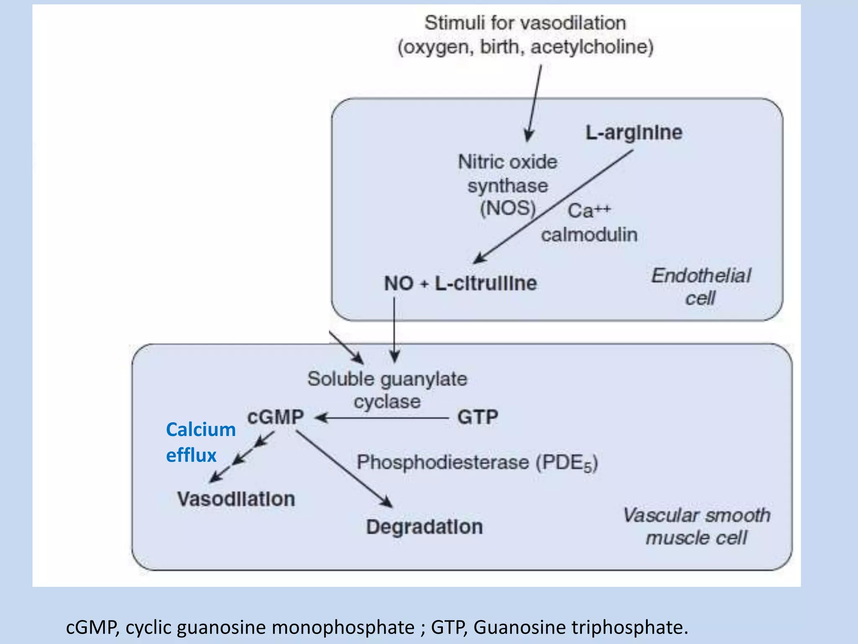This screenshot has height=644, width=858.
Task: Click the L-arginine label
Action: pos(633,132)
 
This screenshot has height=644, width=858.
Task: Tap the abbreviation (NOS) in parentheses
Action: pos(508,208)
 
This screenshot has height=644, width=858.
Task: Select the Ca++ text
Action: pos(589,210)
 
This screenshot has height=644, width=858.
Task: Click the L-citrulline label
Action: pos(486,283)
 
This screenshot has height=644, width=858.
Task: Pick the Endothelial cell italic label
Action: pos(701,287)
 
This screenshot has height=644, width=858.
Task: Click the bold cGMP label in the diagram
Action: pos(275,417)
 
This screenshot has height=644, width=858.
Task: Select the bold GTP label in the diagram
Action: pos(478,417)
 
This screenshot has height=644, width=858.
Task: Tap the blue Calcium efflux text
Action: pos(200,442)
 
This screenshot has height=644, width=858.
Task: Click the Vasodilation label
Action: pos(236,499)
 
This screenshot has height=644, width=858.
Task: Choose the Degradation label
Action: pos(424,527)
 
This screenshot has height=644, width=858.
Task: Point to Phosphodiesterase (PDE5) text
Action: pos(477,463)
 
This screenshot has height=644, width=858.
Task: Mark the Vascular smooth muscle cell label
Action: pos(696,526)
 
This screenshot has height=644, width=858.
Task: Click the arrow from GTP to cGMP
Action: pos(381,418)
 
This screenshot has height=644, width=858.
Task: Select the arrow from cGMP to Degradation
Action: pos(344,469)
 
